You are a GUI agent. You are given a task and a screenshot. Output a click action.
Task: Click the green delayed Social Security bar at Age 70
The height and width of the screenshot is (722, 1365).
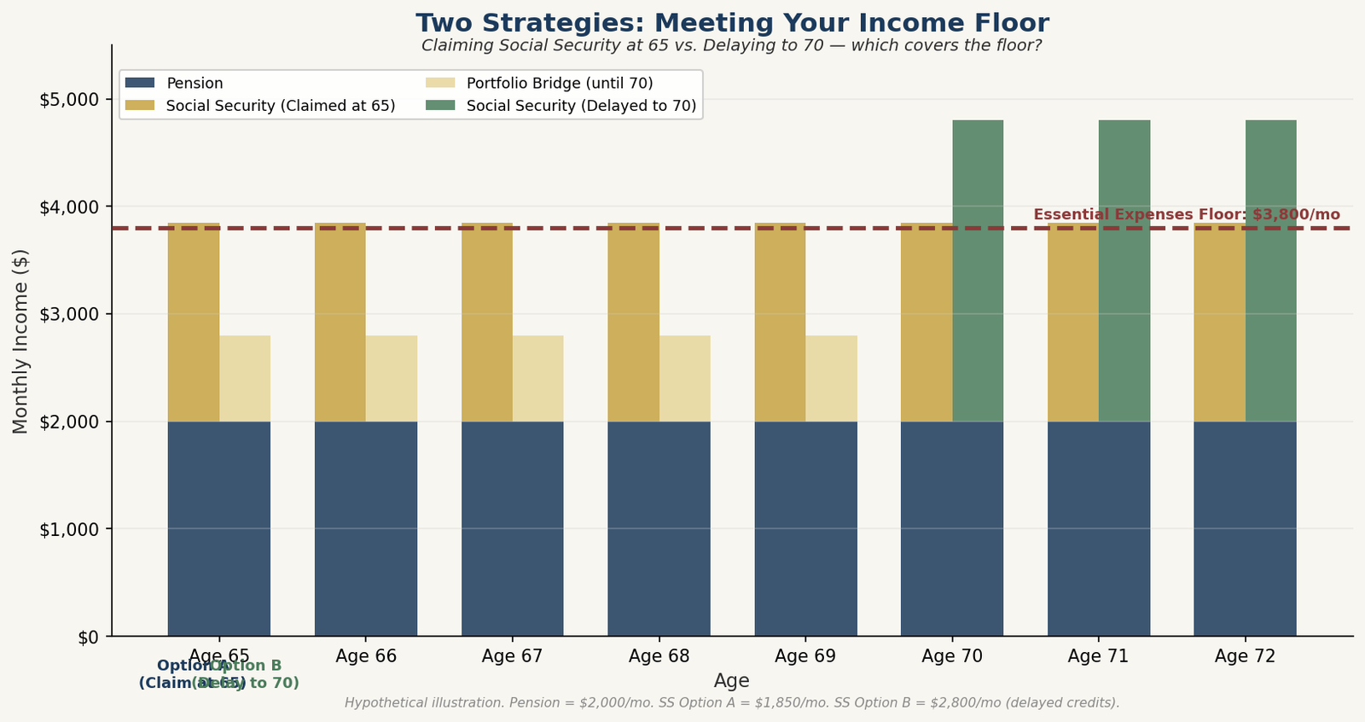click(x=978, y=271)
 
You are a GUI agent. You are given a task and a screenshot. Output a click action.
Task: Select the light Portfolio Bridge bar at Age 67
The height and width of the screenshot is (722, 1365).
click(x=537, y=378)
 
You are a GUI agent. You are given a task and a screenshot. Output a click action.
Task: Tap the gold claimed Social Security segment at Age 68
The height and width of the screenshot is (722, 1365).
click(x=633, y=322)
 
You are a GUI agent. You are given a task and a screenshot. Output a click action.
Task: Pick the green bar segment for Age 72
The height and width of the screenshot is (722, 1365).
click(x=1270, y=271)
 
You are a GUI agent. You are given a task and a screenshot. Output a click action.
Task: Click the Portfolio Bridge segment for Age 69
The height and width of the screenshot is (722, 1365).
click(x=831, y=378)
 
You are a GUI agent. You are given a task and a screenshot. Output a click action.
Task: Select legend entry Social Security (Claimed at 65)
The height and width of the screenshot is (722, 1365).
click(x=280, y=106)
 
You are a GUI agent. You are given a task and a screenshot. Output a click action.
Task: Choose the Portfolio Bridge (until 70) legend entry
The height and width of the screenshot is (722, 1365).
click(x=559, y=84)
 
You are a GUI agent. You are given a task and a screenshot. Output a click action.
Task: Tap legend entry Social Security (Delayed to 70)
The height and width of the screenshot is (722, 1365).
click(x=580, y=106)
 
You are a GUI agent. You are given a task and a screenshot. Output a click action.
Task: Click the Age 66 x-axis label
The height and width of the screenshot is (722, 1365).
click(x=366, y=656)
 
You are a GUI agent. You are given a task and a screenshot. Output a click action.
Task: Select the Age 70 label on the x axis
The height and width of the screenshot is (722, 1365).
click(x=952, y=656)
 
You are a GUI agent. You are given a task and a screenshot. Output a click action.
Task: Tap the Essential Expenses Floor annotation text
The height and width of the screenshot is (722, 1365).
click(x=1186, y=215)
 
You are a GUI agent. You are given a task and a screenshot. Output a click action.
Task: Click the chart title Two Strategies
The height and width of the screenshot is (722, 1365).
click(x=732, y=23)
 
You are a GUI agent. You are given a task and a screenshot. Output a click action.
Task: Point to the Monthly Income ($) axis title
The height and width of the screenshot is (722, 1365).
click(x=21, y=341)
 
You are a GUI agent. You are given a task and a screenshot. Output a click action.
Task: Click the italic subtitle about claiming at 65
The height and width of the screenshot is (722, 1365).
click(x=732, y=45)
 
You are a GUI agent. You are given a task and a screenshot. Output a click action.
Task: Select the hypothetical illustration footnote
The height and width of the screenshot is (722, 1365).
click(x=732, y=703)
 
